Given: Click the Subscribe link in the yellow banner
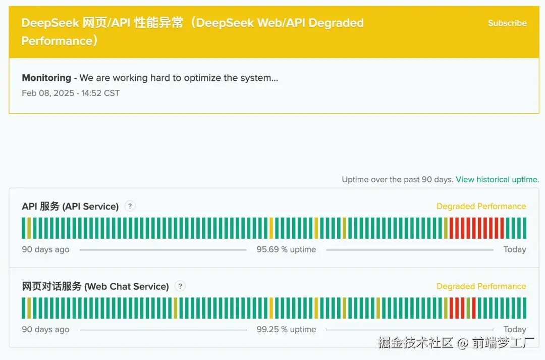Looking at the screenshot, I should tap(507, 23).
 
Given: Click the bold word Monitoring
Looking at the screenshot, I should tap(46, 78).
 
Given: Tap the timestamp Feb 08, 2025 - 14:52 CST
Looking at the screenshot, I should tap(71, 93).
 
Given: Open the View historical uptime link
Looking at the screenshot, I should tap(497, 179).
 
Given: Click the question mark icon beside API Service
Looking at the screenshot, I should tap(130, 206).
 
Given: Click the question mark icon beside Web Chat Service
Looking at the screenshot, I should tap(180, 286).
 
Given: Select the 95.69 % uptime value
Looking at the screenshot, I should tap(286, 249).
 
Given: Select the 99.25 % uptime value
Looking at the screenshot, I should tap(286, 329).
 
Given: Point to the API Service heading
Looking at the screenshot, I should tap(70, 206).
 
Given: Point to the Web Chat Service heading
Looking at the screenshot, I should tap(95, 286).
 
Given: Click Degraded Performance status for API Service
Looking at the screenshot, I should tap(481, 206).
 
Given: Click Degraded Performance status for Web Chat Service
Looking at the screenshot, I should tap(481, 286).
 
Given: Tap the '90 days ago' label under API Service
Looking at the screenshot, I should tap(45, 249).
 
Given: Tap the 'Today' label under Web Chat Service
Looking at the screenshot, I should tap(515, 329).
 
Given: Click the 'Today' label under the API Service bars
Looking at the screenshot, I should tap(515, 249).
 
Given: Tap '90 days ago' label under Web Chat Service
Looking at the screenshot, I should tap(45, 329).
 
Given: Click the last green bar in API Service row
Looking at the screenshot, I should tap(524, 228).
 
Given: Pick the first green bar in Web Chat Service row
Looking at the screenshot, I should tap(24, 308).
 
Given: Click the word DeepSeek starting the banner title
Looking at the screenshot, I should tap(49, 23).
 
